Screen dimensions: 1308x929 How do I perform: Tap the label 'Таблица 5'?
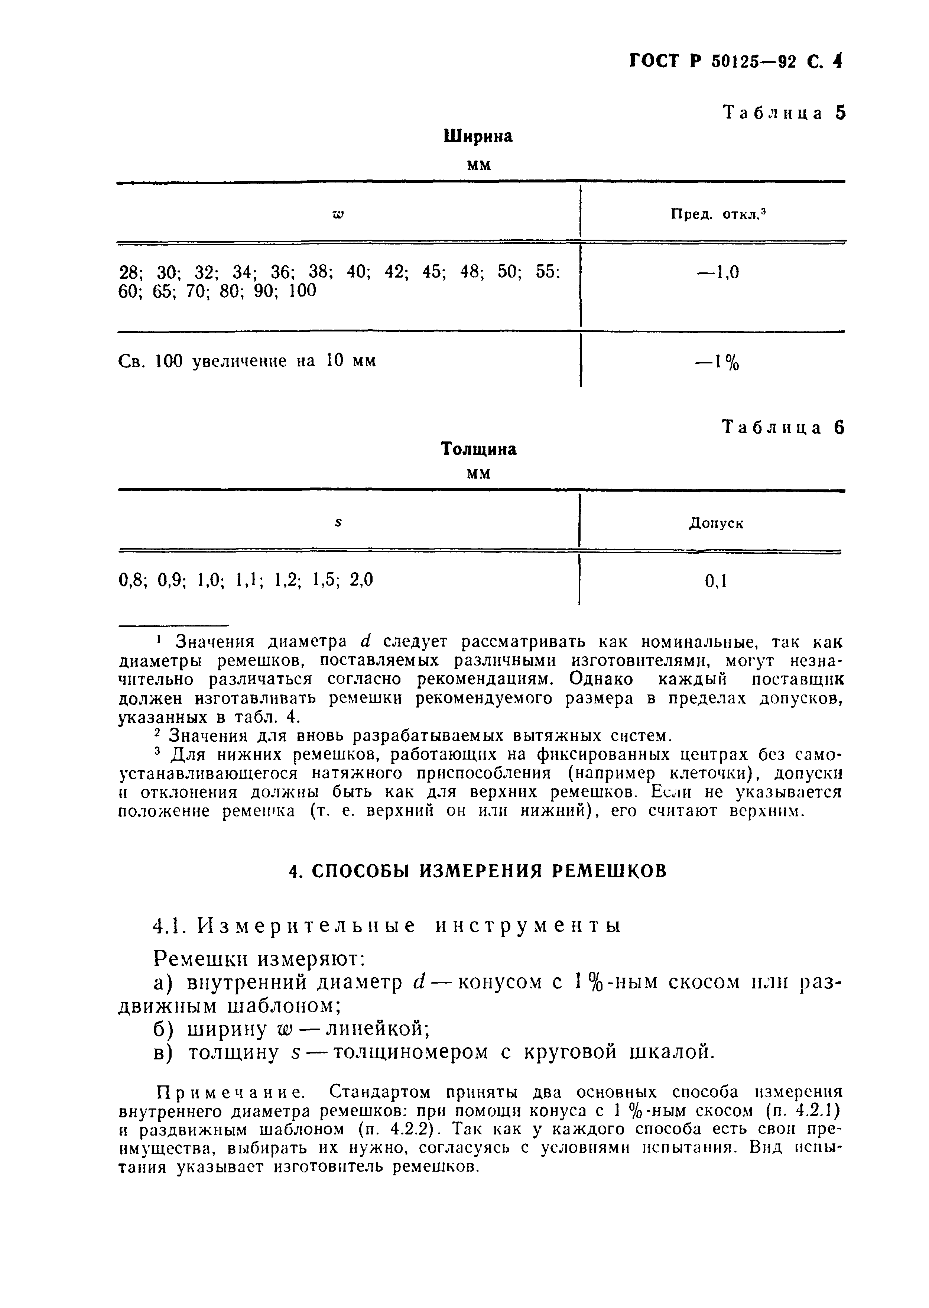coord(784,113)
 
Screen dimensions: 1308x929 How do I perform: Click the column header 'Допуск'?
coord(716,523)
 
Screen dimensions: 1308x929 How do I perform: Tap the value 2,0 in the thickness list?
coord(361,581)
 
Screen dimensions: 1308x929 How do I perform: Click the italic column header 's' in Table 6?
coord(338,523)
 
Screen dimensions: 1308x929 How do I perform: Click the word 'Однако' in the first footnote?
coord(602,679)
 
